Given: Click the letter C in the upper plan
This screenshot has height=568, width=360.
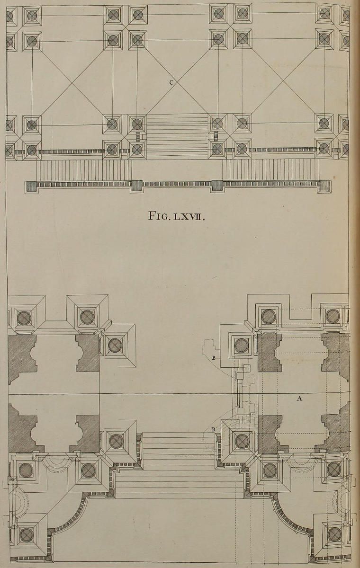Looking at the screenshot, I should (171, 82).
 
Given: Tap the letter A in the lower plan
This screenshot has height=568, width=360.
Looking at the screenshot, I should (299, 399).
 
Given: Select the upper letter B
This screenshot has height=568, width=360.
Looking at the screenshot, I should (214, 358).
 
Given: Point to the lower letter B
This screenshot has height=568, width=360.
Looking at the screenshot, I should (214, 429).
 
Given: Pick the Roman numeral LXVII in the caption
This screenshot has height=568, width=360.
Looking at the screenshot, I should (188, 216).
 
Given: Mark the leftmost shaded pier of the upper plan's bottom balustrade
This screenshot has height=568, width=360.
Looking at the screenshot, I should (31, 186).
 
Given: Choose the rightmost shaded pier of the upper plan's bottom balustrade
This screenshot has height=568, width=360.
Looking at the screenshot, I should (324, 186).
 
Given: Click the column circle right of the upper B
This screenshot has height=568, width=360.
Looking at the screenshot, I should (241, 346).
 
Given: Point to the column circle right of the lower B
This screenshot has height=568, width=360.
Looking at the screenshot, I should (242, 441).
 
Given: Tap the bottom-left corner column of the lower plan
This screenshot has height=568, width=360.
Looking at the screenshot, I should (26, 535).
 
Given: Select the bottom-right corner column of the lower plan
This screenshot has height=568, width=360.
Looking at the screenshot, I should (334, 534).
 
